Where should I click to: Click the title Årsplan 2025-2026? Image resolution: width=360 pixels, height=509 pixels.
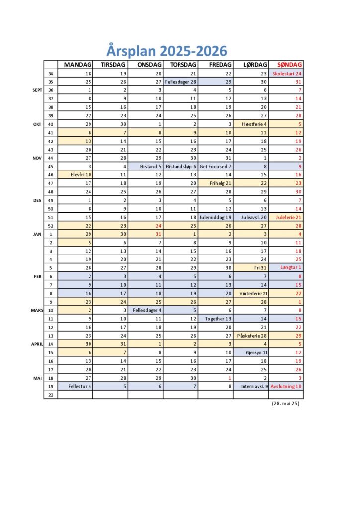(167, 50)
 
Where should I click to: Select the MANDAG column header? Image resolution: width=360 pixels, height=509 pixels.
(76, 65)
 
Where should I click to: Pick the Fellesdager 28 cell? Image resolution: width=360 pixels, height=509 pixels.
(180, 82)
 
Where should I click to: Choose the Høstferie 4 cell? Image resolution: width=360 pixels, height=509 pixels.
(251, 124)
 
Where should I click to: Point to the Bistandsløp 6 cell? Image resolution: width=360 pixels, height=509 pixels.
(180, 166)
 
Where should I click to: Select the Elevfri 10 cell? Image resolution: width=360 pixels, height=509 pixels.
(76, 174)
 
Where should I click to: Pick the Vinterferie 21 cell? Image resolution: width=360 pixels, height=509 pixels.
(251, 293)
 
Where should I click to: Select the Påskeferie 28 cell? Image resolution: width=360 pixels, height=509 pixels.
(251, 335)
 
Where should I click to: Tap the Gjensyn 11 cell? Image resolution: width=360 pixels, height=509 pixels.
(251, 352)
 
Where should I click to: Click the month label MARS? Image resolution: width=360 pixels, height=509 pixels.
(35, 310)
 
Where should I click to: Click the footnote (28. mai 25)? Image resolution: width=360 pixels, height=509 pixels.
(285, 403)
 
